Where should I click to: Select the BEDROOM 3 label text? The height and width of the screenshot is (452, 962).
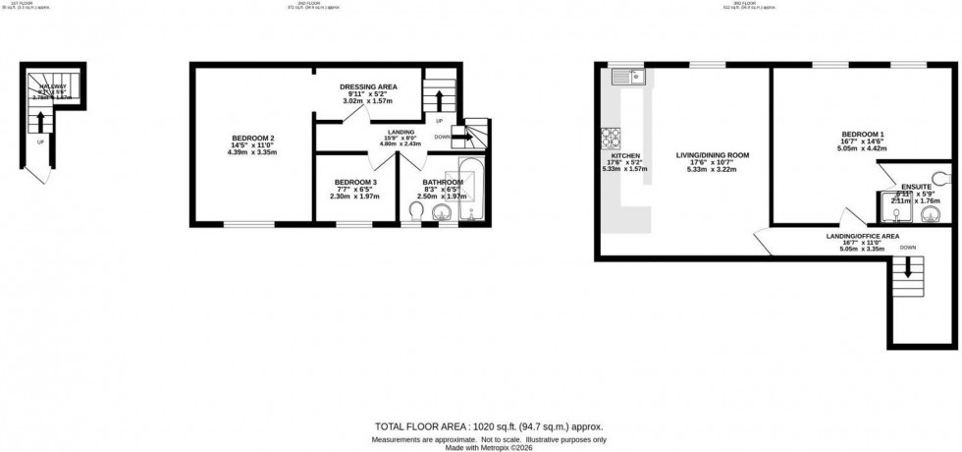click(354, 182)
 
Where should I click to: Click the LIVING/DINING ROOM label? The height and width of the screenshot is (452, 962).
click(713, 155)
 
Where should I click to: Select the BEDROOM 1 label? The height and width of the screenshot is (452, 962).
click(863, 134)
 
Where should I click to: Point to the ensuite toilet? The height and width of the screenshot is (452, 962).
click(943, 178)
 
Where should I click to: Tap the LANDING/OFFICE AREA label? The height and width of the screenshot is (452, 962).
click(863, 237)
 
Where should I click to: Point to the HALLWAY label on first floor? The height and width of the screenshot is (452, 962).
click(53, 88)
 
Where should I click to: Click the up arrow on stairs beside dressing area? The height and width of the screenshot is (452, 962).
click(438, 100)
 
